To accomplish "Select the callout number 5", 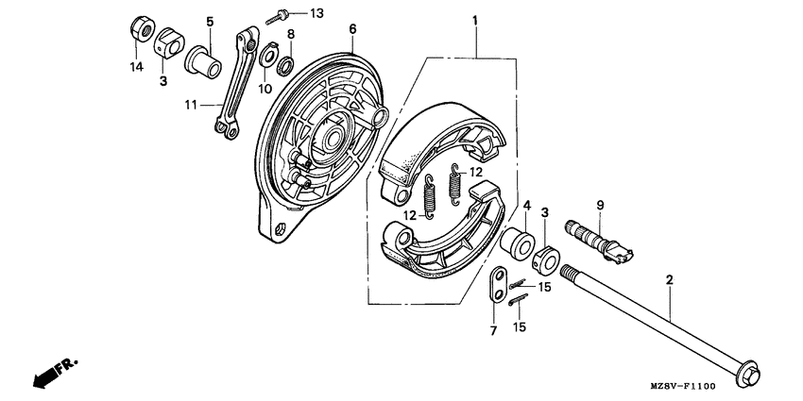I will click(x=210, y=22).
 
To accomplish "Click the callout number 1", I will click(x=475, y=20).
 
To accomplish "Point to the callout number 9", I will click(x=599, y=205).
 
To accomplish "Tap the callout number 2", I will click(x=670, y=280).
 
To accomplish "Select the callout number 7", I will click(x=492, y=330).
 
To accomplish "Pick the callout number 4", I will click(x=526, y=205).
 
